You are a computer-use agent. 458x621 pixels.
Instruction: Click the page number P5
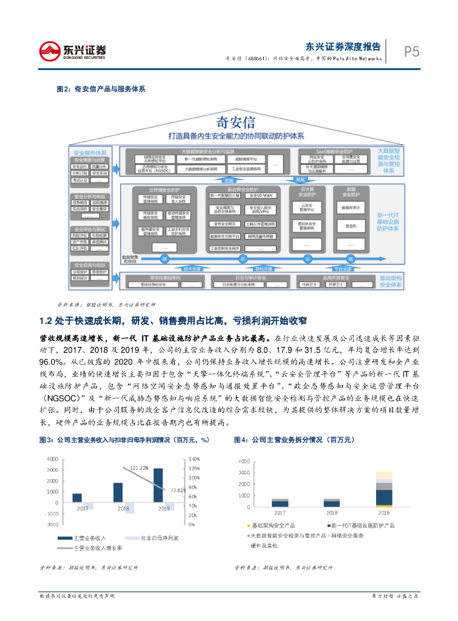(412, 52)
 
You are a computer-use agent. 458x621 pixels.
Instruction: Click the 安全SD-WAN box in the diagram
(259, 196)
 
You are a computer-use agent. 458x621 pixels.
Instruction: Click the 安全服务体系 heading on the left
(90, 153)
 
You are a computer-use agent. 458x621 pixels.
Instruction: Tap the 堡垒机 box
(353, 226)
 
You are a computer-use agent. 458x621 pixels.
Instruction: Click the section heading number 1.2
(47, 320)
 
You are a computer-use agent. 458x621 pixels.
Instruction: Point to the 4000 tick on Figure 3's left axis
(52, 459)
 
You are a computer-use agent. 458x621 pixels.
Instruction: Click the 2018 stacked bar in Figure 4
(332, 503)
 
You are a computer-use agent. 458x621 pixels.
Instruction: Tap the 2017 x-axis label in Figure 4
(280, 513)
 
